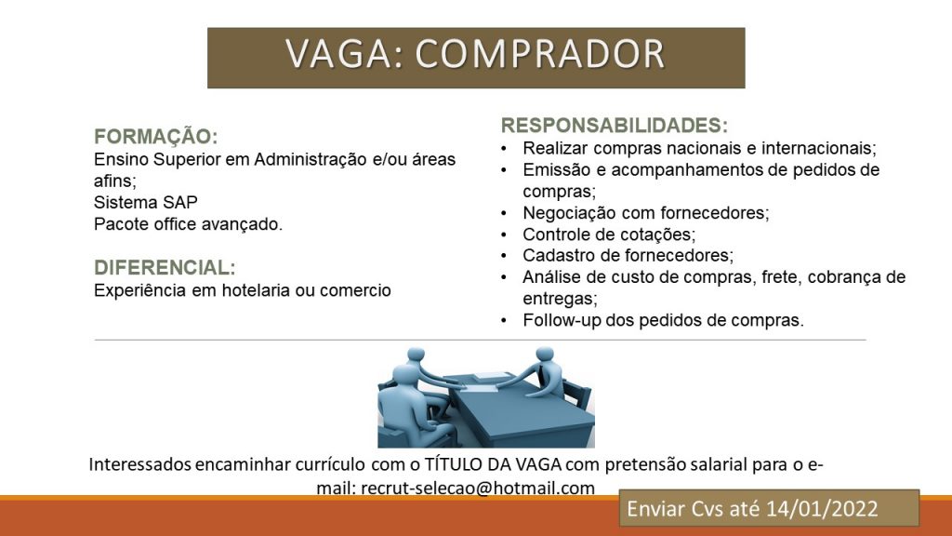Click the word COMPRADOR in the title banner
pyautogui.click(x=540, y=53)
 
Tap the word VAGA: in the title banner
pyautogui.click(x=345, y=53)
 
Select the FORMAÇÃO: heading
pyautogui.click(x=156, y=136)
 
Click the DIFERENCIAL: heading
pyautogui.click(x=165, y=267)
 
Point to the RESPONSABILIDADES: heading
pyautogui.click(x=615, y=126)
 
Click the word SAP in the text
pyautogui.click(x=180, y=202)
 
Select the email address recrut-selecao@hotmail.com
pyautogui.click(x=478, y=488)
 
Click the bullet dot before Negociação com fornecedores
pyautogui.click(x=504, y=213)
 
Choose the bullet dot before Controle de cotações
pyautogui.click(x=504, y=234)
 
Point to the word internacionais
pyautogui.click(x=819, y=148)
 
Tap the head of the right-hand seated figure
pyautogui.click(x=545, y=355)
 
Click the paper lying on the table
pyautogui.click(x=486, y=378)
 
